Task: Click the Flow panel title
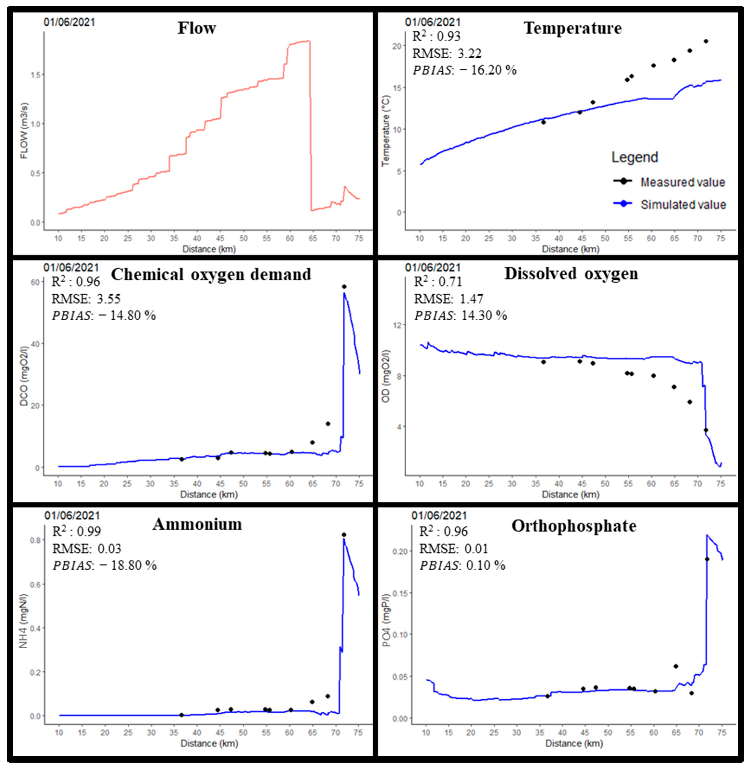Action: click(x=197, y=28)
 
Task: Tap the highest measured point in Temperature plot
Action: click(x=706, y=41)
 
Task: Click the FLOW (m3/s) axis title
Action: click(x=24, y=131)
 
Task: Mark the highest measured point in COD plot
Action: click(x=344, y=287)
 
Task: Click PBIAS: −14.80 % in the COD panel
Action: click(x=104, y=315)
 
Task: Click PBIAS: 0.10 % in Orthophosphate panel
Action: click(x=462, y=565)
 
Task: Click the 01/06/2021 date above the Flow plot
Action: click(x=69, y=22)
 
